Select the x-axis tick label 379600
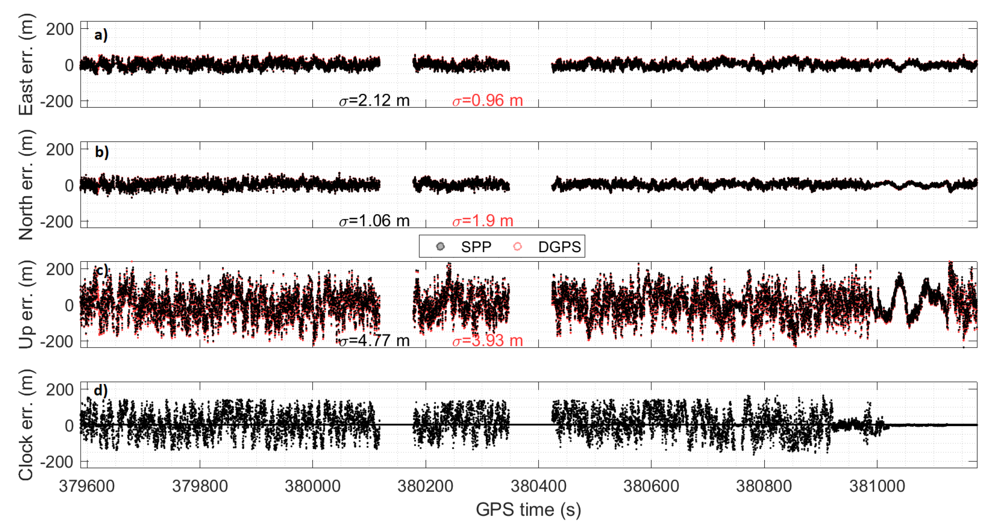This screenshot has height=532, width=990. (x=87, y=486)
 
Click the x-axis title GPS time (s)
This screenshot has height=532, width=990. (x=528, y=510)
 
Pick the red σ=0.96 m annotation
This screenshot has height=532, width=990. (x=487, y=101)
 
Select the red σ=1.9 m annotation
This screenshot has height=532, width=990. (x=482, y=221)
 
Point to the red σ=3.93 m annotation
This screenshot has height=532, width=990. (x=487, y=341)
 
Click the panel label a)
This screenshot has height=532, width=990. (x=101, y=35)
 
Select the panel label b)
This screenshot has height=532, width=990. (x=102, y=152)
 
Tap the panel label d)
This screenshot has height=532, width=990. (x=101, y=391)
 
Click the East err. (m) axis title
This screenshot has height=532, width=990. (x=26, y=64)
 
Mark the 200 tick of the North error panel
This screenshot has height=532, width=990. (x=60, y=149)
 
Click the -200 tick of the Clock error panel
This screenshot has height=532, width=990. (x=56, y=462)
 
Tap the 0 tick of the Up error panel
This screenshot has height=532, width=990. (x=69, y=305)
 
